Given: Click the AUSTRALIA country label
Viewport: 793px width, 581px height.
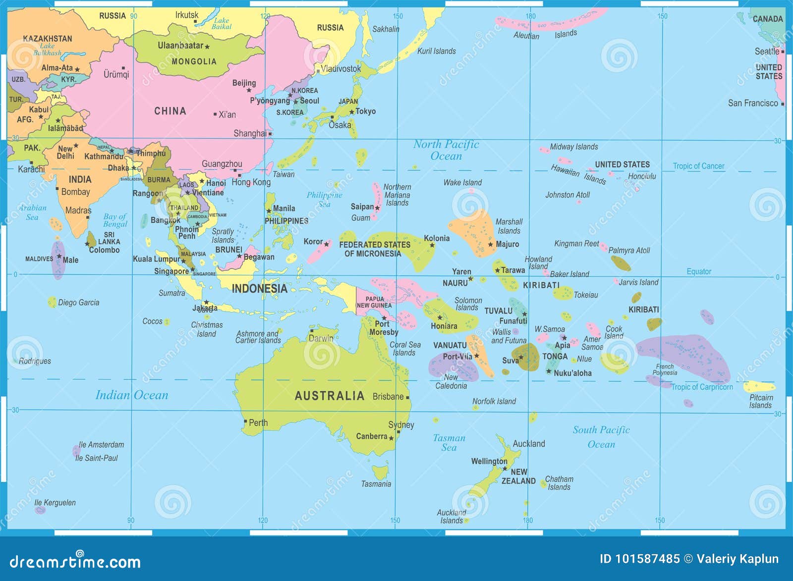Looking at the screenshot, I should (329, 396).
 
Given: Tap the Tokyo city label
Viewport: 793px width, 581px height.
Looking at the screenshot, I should (366, 111).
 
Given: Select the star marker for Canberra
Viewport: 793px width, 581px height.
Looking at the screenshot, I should (391, 438).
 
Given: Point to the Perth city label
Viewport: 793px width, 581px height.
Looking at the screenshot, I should (258, 423).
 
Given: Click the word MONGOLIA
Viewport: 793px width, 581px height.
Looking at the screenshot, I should (194, 61).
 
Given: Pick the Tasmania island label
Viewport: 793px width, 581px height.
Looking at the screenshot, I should (376, 484).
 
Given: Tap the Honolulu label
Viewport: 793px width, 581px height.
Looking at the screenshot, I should (642, 176).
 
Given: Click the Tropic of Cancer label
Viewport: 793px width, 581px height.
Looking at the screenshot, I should (698, 166).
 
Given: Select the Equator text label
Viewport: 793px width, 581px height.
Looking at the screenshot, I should (699, 271).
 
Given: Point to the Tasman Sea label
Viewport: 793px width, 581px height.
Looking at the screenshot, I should (449, 443).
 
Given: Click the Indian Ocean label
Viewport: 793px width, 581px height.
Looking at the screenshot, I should (132, 395).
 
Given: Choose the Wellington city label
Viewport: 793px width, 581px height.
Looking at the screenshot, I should (489, 461).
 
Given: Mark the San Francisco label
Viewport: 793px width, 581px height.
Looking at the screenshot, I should (753, 103).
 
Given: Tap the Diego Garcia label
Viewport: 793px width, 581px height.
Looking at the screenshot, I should (78, 303).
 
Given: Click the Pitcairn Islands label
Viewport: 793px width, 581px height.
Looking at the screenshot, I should (761, 401).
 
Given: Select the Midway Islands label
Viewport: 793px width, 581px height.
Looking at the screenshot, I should (574, 147).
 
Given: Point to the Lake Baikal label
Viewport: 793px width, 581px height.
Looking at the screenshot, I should (222, 23).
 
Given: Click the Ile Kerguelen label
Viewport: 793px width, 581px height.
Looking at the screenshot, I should (55, 502).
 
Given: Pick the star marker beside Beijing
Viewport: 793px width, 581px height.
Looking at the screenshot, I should (249, 90).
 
